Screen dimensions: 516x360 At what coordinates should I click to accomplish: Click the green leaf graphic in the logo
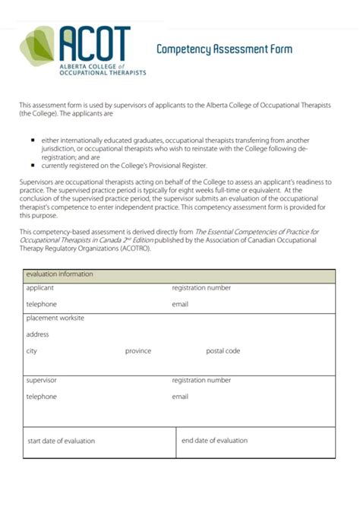coord(37,45)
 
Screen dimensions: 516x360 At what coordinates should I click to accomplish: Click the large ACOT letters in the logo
coord(93,44)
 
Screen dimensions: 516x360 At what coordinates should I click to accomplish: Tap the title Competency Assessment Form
coord(224,49)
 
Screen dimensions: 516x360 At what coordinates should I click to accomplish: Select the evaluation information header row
coord(178,274)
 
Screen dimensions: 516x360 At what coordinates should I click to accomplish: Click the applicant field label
coord(40,289)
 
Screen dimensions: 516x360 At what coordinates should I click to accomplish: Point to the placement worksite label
coord(55,318)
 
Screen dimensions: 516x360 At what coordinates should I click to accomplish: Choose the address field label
coord(38,334)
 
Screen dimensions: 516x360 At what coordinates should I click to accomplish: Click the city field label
coord(32,351)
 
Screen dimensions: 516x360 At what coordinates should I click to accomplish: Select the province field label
coord(138,351)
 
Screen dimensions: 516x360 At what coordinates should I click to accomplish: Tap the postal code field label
coord(223,351)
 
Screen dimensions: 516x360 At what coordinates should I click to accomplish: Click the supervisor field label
coord(42,380)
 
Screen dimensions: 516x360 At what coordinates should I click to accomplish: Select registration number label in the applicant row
coord(201,289)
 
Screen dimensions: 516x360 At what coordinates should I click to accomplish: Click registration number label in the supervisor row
coord(201,380)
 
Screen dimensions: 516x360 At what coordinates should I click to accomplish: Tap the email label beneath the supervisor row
coord(180,397)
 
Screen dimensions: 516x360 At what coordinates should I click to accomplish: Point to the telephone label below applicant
coord(42,304)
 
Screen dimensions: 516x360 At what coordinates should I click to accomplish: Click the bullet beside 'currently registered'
coord(33,165)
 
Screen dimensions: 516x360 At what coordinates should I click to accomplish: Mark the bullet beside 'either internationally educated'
coord(33,141)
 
